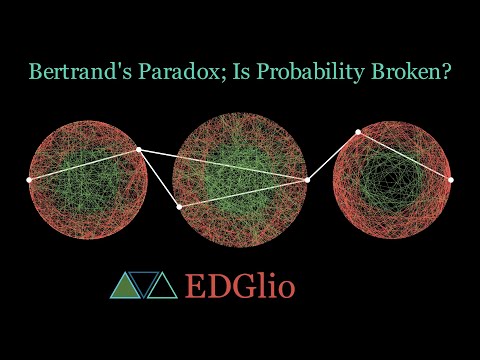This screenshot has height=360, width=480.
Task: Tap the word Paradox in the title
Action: click(x=158, y=72)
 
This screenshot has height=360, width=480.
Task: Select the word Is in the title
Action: click(x=217, y=72)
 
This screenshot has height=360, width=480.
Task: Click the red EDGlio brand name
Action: click(x=240, y=287)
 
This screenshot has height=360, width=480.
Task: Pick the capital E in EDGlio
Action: click(x=195, y=287)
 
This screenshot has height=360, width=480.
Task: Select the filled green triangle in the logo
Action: click(x=124, y=287)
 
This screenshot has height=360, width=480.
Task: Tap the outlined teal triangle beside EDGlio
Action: click(x=162, y=287)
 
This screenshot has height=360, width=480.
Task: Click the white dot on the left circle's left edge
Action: click(x=28, y=179)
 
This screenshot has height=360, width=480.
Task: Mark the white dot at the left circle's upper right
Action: click(x=138, y=150)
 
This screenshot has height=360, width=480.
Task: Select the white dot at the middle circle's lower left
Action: click(x=179, y=206)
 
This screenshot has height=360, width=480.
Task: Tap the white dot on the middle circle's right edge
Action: click(x=307, y=180)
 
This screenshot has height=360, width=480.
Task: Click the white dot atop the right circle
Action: click(x=358, y=132)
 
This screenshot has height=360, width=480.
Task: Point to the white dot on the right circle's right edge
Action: click(x=451, y=180)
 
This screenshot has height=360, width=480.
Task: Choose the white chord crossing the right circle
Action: click(x=405, y=156)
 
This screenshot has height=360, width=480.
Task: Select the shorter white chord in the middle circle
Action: click(x=243, y=193)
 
